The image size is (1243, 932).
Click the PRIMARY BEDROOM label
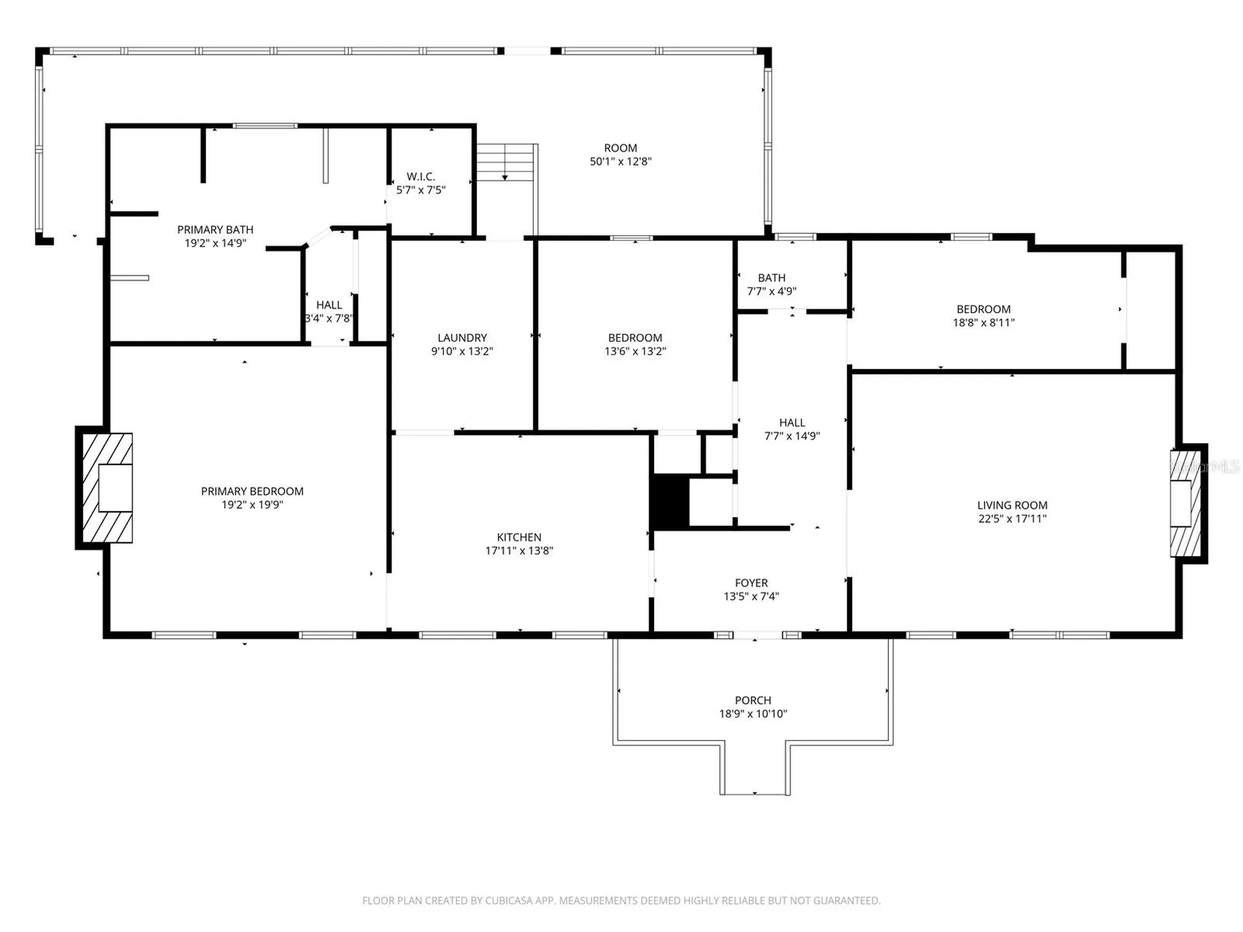point(252,491)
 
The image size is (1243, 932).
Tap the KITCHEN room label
point(519,537)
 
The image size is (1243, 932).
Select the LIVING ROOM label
point(1013,505)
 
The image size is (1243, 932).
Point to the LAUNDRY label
point(462,338)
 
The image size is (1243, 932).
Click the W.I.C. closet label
point(421,177)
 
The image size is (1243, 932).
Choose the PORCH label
point(753,700)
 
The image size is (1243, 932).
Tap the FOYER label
point(752,583)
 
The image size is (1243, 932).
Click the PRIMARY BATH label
point(216,230)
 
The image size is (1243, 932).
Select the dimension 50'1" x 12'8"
point(620,162)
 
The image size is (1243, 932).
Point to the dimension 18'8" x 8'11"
point(983,323)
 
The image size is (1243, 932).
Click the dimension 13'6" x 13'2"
point(635,351)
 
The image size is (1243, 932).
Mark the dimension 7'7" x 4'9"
point(772,291)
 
